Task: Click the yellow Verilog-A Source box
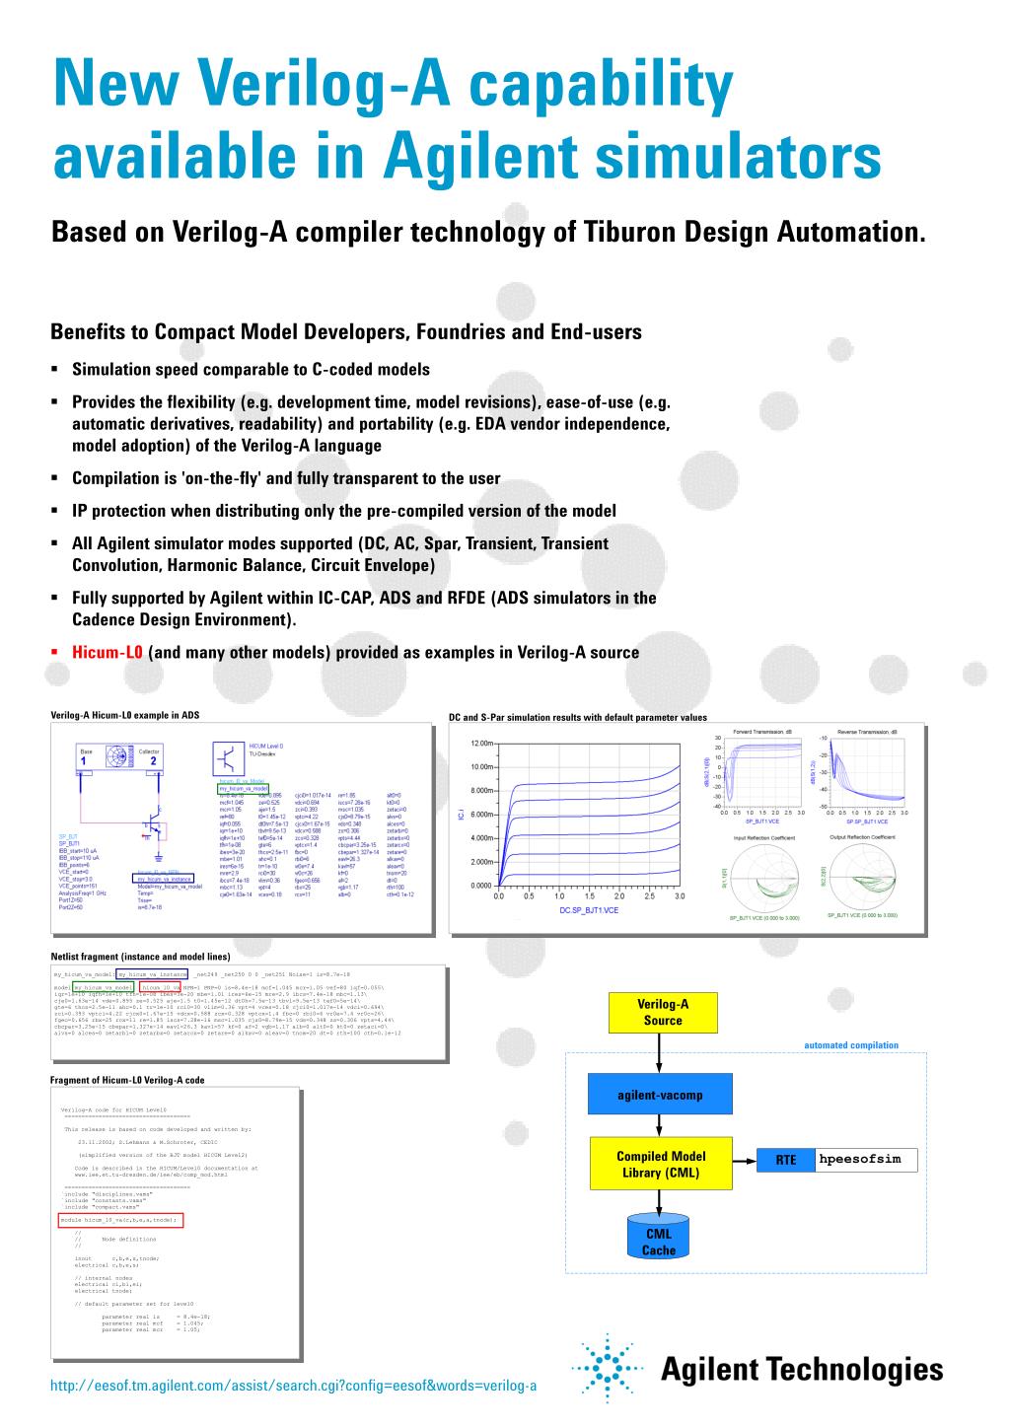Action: coord(663,1012)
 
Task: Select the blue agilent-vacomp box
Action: coord(660,1095)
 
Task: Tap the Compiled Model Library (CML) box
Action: coord(660,1165)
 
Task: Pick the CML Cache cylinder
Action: coord(659,1240)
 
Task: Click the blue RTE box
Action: coord(785,1161)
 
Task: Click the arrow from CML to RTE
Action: coord(745,1162)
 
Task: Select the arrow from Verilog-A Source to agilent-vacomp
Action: coord(660,1052)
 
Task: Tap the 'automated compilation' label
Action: coord(851,1045)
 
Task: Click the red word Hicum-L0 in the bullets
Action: coord(108,652)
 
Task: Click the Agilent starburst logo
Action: coord(604,1369)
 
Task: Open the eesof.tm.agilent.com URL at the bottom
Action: coord(293,1386)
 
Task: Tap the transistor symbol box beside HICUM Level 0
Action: coord(230,760)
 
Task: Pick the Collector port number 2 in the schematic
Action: coord(153,761)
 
